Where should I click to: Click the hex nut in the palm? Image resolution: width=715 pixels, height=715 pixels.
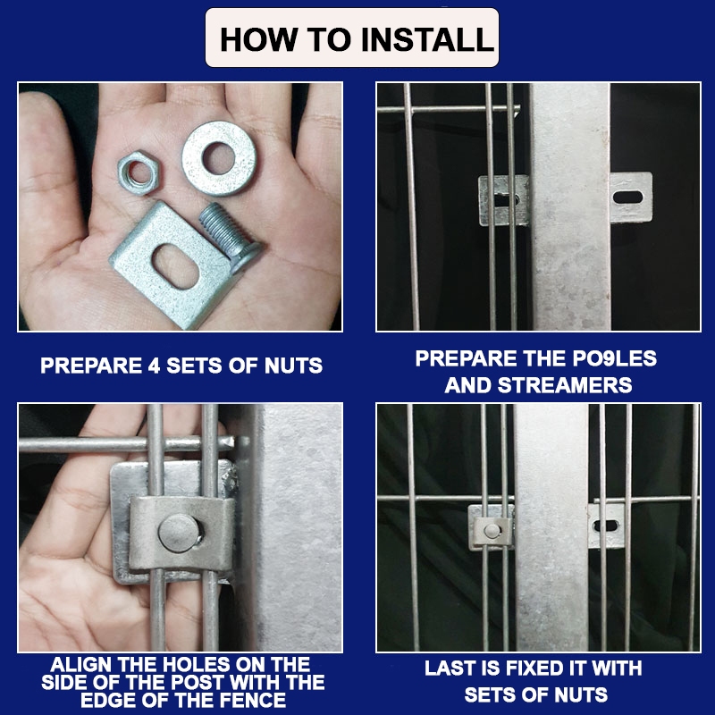coord(139,172)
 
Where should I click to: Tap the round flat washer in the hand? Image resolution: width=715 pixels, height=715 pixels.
coord(219,158)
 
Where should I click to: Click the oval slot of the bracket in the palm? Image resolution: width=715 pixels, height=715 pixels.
coord(175,266)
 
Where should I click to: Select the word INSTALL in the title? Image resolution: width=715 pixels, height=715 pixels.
coord(427,39)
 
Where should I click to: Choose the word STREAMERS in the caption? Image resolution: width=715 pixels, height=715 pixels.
coord(565,385)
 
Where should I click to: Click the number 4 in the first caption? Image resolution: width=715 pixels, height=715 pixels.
coord(154,366)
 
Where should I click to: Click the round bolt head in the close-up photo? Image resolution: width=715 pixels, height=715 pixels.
coord(178,533)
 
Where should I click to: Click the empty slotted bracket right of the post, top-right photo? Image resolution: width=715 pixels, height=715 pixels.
coord(632,198)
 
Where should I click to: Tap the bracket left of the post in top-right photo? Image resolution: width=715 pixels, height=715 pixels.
coord(504,200)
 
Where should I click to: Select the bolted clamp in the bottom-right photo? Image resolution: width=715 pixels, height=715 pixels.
coord(491,528)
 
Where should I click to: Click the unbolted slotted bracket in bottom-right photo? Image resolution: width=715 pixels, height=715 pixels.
coord(606,526)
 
